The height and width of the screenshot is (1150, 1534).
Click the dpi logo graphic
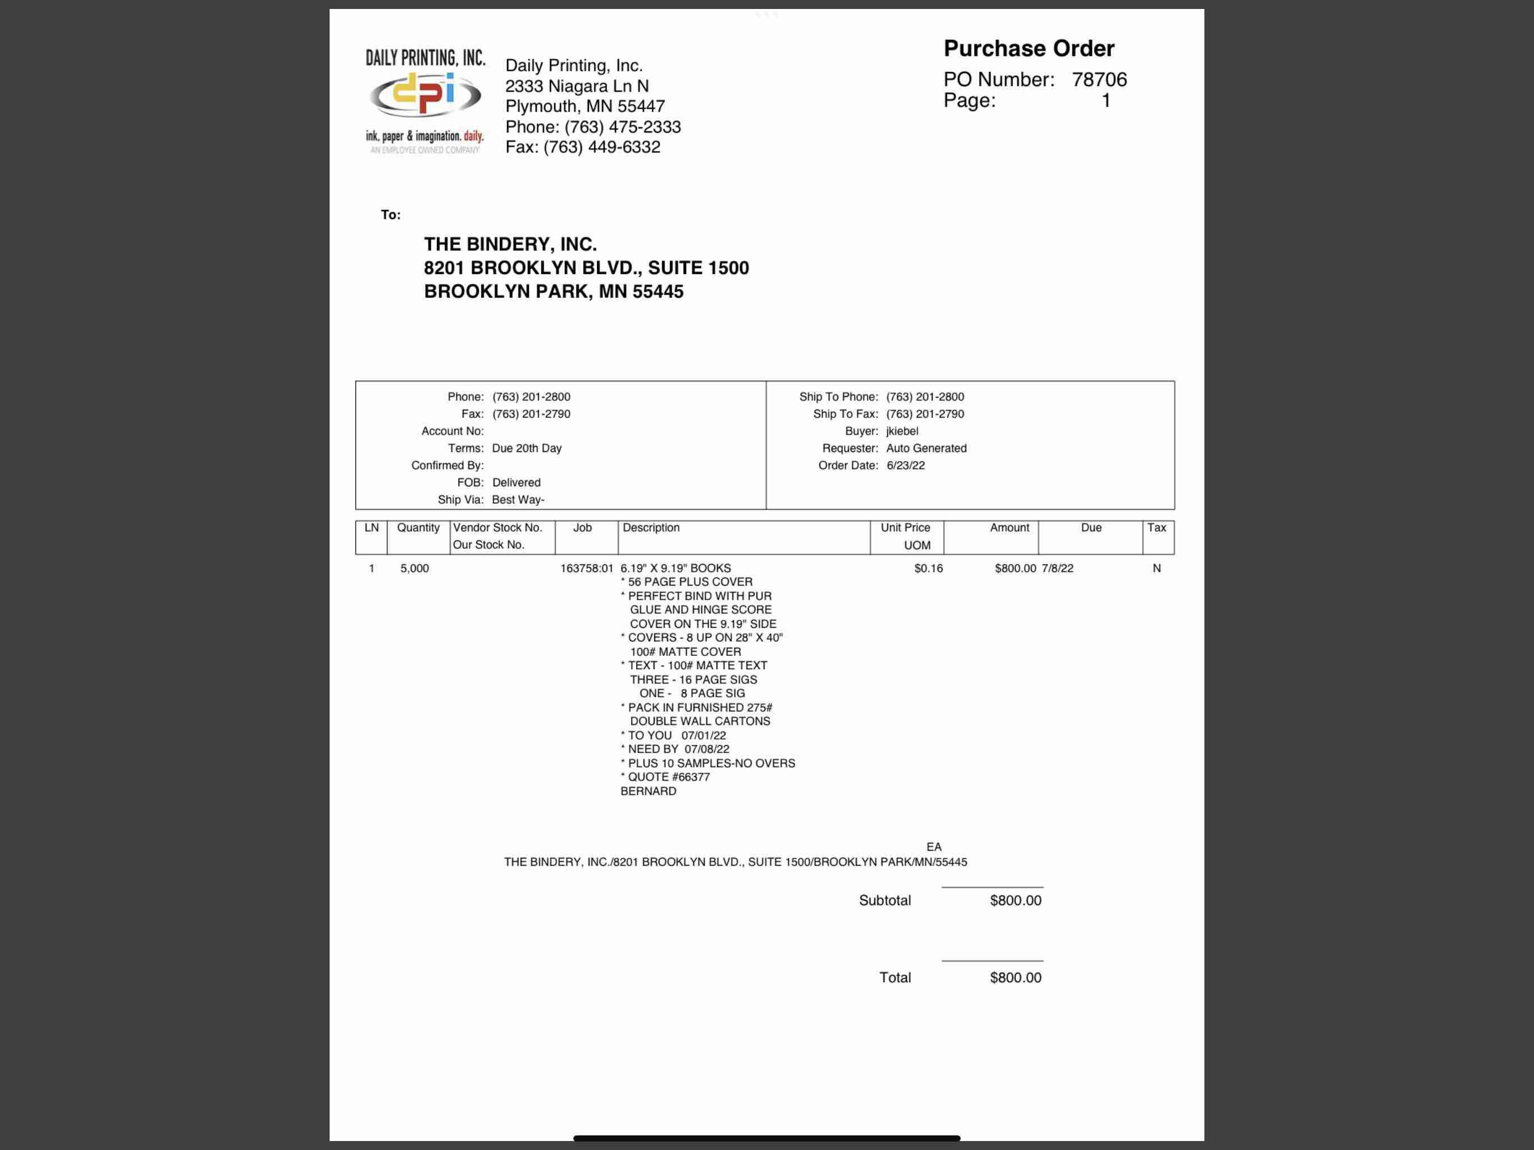tap(424, 95)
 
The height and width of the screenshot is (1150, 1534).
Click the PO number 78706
tap(1099, 80)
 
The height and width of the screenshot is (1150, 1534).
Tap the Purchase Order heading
tap(1029, 48)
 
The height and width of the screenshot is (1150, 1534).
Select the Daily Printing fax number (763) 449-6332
tap(601, 147)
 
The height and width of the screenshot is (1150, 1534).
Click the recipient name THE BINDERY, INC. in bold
tap(510, 244)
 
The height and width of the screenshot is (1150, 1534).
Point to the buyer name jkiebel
tap(902, 431)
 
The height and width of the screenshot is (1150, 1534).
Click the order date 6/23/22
tap(905, 466)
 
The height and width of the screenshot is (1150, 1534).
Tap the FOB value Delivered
tap(516, 482)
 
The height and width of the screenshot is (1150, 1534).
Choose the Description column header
tap(651, 528)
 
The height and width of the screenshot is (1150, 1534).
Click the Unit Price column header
tap(905, 528)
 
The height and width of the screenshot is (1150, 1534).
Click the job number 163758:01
tap(586, 568)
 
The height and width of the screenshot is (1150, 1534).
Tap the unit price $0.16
tap(928, 568)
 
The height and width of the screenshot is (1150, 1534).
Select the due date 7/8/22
tap(1057, 568)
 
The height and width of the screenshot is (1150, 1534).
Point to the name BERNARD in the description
tap(648, 791)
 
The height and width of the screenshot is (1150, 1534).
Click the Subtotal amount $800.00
tap(1015, 900)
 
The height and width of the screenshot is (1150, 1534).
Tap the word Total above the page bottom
tap(894, 977)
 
